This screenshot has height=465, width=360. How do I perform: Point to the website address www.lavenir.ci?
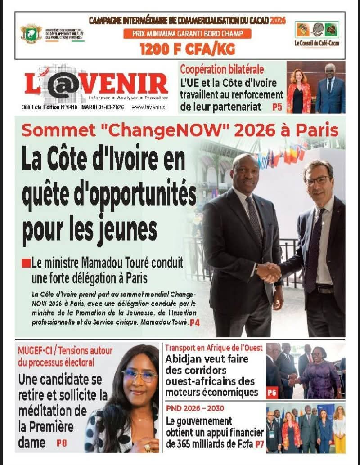point(149,107)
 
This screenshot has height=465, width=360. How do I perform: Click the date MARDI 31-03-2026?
point(104,107)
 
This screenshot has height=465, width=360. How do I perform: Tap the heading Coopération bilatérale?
point(222,70)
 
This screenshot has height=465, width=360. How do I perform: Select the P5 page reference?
point(277,107)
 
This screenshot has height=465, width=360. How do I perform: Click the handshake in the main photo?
point(269,272)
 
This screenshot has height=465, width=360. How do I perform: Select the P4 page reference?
point(194,322)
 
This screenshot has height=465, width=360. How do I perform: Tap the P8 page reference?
point(62,443)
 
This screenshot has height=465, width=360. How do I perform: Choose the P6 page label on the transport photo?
point(272,393)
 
